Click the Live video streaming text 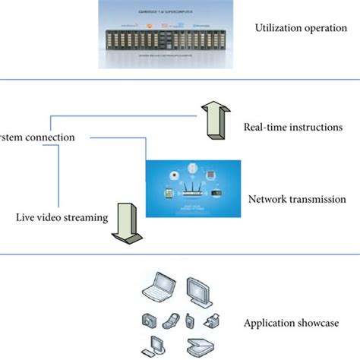click(x=61, y=218)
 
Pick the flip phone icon click(x=172, y=320)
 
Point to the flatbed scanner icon click(x=199, y=346)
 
